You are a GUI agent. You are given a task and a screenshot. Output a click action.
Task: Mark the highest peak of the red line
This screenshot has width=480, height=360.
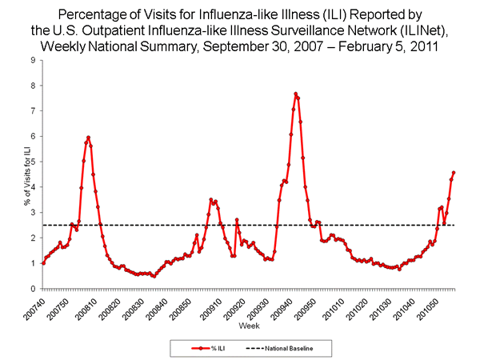click(x=295, y=94)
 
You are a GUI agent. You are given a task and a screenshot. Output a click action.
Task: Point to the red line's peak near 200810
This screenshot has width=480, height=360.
click(x=88, y=137)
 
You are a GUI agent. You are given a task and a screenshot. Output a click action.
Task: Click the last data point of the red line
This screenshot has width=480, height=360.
click(x=454, y=172)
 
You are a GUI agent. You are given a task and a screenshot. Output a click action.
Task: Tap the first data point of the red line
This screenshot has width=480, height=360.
click(x=42, y=263)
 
